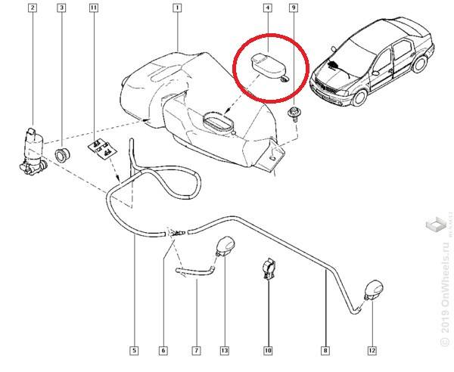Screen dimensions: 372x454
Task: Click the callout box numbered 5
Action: click(x=134, y=350)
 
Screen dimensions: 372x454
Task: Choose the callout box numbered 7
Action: click(x=196, y=350)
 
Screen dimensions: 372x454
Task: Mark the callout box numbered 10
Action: click(x=267, y=350)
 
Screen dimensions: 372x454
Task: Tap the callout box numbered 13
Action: click(x=224, y=350)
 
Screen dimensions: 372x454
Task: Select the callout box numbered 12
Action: click(x=372, y=350)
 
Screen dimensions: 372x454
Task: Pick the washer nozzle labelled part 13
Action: click(x=224, y=246)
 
